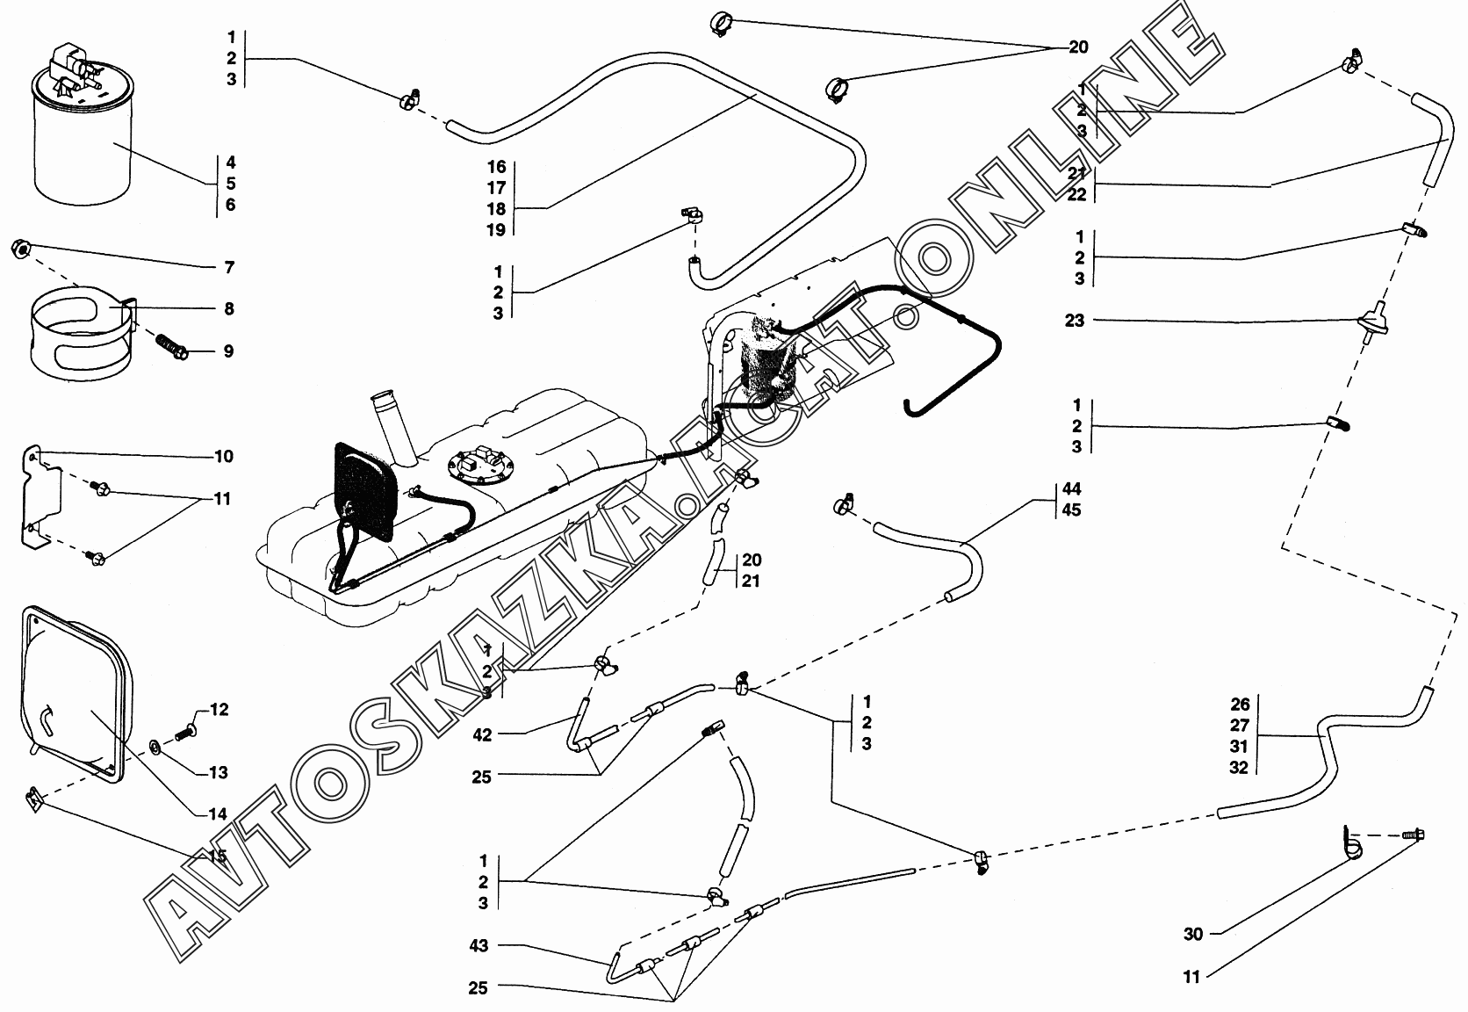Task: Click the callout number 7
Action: click(x=228, y=267)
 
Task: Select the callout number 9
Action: click(x=228, y=351)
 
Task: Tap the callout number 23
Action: click(x=1075, y=321)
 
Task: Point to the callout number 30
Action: click(x=1192, y=935)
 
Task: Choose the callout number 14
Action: click(x=218, y=814)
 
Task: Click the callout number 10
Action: click(x=223, y=456)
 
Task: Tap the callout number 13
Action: click(x=218, y=772)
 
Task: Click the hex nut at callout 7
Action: click(x=21, y=249)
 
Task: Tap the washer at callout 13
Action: click(x=155, y=747)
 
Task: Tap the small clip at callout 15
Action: click(x=34, y=799)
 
